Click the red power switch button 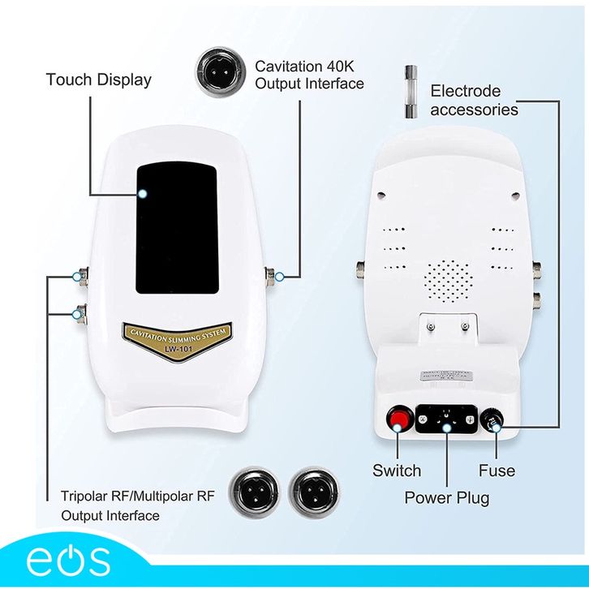[398, 419]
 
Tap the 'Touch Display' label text [98, 80]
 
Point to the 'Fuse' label [497, 471]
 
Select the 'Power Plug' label [447, 497]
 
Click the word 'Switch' [397, 471]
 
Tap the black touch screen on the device [176, 227]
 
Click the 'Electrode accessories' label [474, 101]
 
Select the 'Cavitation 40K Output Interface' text [309, 74]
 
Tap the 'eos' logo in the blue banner [67, 561]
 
